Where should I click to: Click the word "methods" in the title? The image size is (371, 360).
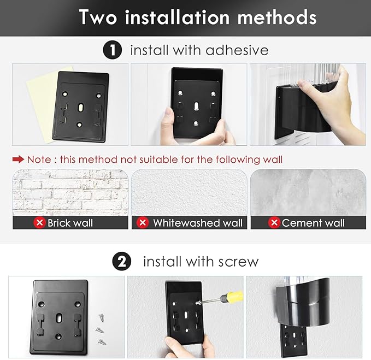pos(277,17)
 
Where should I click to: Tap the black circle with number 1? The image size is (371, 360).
pos(113,50)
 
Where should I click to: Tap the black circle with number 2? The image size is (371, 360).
pos(122,261)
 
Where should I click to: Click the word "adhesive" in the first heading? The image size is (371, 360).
pos(237,50)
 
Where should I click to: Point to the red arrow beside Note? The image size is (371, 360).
pos(18,160)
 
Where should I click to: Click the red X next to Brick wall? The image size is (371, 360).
pos(39,222)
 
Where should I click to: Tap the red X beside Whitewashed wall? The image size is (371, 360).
pos(143,222)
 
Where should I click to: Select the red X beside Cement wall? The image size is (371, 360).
pos(274,222)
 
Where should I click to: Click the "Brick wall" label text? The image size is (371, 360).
pos(70,223)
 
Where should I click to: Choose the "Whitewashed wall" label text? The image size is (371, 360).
pos(198,223)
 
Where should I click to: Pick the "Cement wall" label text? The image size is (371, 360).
pos(313,223)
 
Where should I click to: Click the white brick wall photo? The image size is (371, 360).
pos(70,192)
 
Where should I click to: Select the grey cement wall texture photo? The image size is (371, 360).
pos(308,192)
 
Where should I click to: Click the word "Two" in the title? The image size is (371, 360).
pos(98,17)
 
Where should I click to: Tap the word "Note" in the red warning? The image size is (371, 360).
pos(39,160)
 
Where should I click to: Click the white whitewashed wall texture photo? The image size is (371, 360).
pos(189,192)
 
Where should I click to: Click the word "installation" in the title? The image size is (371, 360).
pos(178,17)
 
